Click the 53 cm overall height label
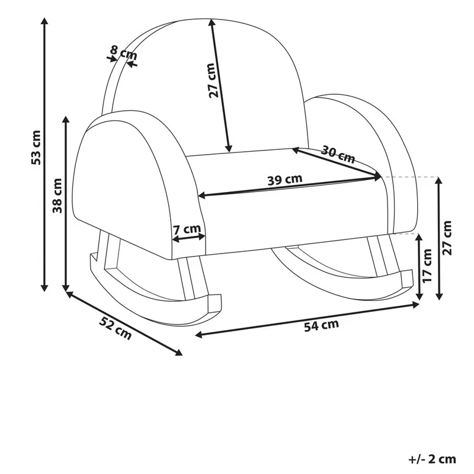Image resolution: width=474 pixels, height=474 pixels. click(36, 147)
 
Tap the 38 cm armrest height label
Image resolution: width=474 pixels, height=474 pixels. click(57, 196)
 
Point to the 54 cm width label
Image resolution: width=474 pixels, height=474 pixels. click(321, 325)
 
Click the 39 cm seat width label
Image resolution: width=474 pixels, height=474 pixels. click(285, 180)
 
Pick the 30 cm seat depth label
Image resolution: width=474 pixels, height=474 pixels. click(338, 155)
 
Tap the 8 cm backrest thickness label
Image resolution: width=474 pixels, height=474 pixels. click(123, 53)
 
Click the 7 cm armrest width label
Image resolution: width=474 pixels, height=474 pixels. click(187, 229)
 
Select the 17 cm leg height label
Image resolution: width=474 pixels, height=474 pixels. click(427, 265)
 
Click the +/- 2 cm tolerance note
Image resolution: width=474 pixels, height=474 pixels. click(432, 460)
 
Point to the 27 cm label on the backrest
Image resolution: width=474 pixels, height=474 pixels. click(213, 81)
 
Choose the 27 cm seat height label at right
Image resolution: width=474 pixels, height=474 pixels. click(447, 238)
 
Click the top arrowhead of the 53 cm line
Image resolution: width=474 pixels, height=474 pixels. click(44, 20)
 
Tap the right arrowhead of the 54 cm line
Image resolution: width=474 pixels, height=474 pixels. click(417, 305)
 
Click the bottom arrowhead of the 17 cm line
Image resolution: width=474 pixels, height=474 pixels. click(419, 297)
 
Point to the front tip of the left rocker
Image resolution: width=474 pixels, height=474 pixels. click(215, 303)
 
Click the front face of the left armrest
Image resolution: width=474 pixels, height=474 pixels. click(127, 187)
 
